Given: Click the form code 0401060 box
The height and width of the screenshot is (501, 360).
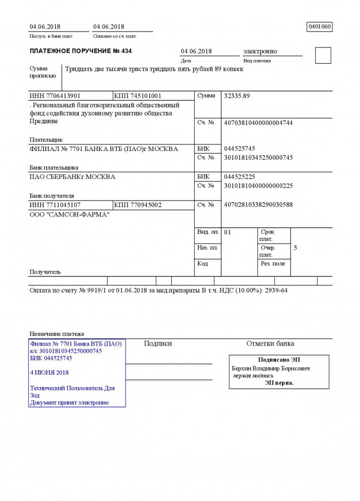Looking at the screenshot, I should [320, 26].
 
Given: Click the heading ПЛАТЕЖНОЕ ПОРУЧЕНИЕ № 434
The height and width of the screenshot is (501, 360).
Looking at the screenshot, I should [81, 51].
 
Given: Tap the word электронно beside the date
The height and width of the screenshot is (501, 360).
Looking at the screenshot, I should [260, 51].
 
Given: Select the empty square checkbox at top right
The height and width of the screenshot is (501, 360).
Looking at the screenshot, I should [323, 56].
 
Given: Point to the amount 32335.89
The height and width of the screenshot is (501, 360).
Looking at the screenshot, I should [237, 96].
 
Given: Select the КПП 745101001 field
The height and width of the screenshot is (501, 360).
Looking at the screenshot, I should [138, 96].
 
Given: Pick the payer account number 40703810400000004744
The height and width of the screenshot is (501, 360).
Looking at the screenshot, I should [258, 123].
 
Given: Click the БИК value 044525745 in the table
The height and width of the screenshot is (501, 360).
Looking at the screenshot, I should [239, 148].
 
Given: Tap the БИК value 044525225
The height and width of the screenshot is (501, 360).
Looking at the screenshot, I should [239, 177].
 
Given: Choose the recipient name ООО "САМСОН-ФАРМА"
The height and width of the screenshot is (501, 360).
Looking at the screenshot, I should [69, 214].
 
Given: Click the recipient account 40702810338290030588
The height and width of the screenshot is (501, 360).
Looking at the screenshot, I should [258, 205].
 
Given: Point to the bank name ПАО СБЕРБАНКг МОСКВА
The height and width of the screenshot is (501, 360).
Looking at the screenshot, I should [72, 177].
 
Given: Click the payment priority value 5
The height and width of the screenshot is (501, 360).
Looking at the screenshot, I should [295, 248].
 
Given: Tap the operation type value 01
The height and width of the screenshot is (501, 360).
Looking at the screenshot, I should [228, 232].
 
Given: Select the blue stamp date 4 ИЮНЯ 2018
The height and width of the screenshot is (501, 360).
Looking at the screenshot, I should [50, 372].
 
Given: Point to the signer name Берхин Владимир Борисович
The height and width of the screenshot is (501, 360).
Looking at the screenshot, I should [271, 369].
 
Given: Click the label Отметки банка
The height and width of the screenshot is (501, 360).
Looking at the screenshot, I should [270, 343].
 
